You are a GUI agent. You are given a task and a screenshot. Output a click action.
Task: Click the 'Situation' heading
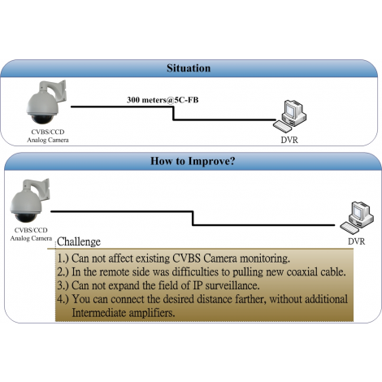click(x=189, y=68)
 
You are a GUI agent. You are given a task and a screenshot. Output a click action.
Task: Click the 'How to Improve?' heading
click(x=193, y=161)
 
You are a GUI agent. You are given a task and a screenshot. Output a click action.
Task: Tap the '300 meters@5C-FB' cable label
click(x=163, y=100)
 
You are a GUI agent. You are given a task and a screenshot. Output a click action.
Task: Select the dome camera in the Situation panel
click(x=46, y=102)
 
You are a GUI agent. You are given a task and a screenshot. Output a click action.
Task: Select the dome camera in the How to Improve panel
click(x=30, y=201)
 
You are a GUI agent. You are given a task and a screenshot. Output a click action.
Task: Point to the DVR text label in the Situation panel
click(x=289, y=140)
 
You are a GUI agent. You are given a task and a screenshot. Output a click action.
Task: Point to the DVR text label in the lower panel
click(x=356, y=241)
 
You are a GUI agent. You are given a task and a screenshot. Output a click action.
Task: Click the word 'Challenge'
click(x=79, y=241)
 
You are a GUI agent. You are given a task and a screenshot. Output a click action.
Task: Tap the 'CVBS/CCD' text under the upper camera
click(x=48, y=132)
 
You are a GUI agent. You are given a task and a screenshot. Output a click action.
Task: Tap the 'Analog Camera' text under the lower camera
click(x=31, y=238)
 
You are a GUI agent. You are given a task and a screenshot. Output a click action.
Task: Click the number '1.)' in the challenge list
click(x=63, y=258)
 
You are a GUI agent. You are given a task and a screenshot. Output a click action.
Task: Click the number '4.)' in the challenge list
click(x=63, y=299)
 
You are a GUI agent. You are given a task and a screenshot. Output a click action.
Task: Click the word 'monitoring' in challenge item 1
click(x=265, y=258)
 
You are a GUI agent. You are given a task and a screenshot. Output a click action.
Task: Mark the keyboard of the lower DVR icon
click(x=349, y=228)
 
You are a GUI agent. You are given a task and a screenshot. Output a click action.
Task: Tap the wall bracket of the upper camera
click(x=55, y=91)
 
